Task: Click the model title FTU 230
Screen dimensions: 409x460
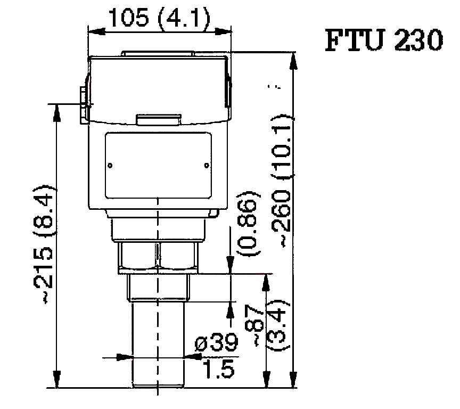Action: pyautogui.click(x=383, y=40)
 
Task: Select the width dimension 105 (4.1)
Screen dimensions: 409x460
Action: pyautogui.click(x=159, y=19)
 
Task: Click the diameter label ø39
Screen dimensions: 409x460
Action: pyautogui.click(x=217, y=344)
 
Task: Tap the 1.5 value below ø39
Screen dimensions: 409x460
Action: pyautogui.click(x=219, y=370)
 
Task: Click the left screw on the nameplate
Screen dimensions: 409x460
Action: pyautogui.click(x=110, y=166)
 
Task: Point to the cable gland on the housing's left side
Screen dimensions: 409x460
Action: pyautogui.click(x=83, y=104)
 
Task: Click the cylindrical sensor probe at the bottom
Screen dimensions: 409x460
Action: pyautogui.click(x=158, y=346)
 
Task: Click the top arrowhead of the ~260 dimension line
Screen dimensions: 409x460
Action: pyautogui.click(x=292, y=58)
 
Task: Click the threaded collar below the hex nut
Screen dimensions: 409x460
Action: pyautogui.click(x=158, y=288)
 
